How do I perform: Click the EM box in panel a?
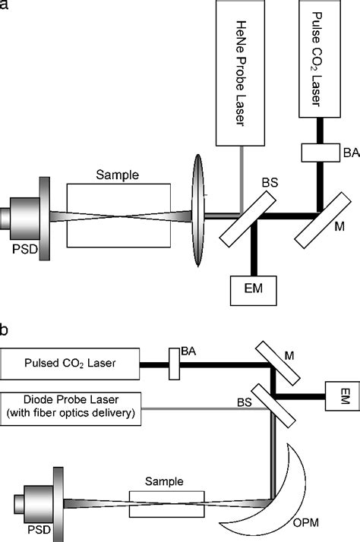(x=253, y=289)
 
